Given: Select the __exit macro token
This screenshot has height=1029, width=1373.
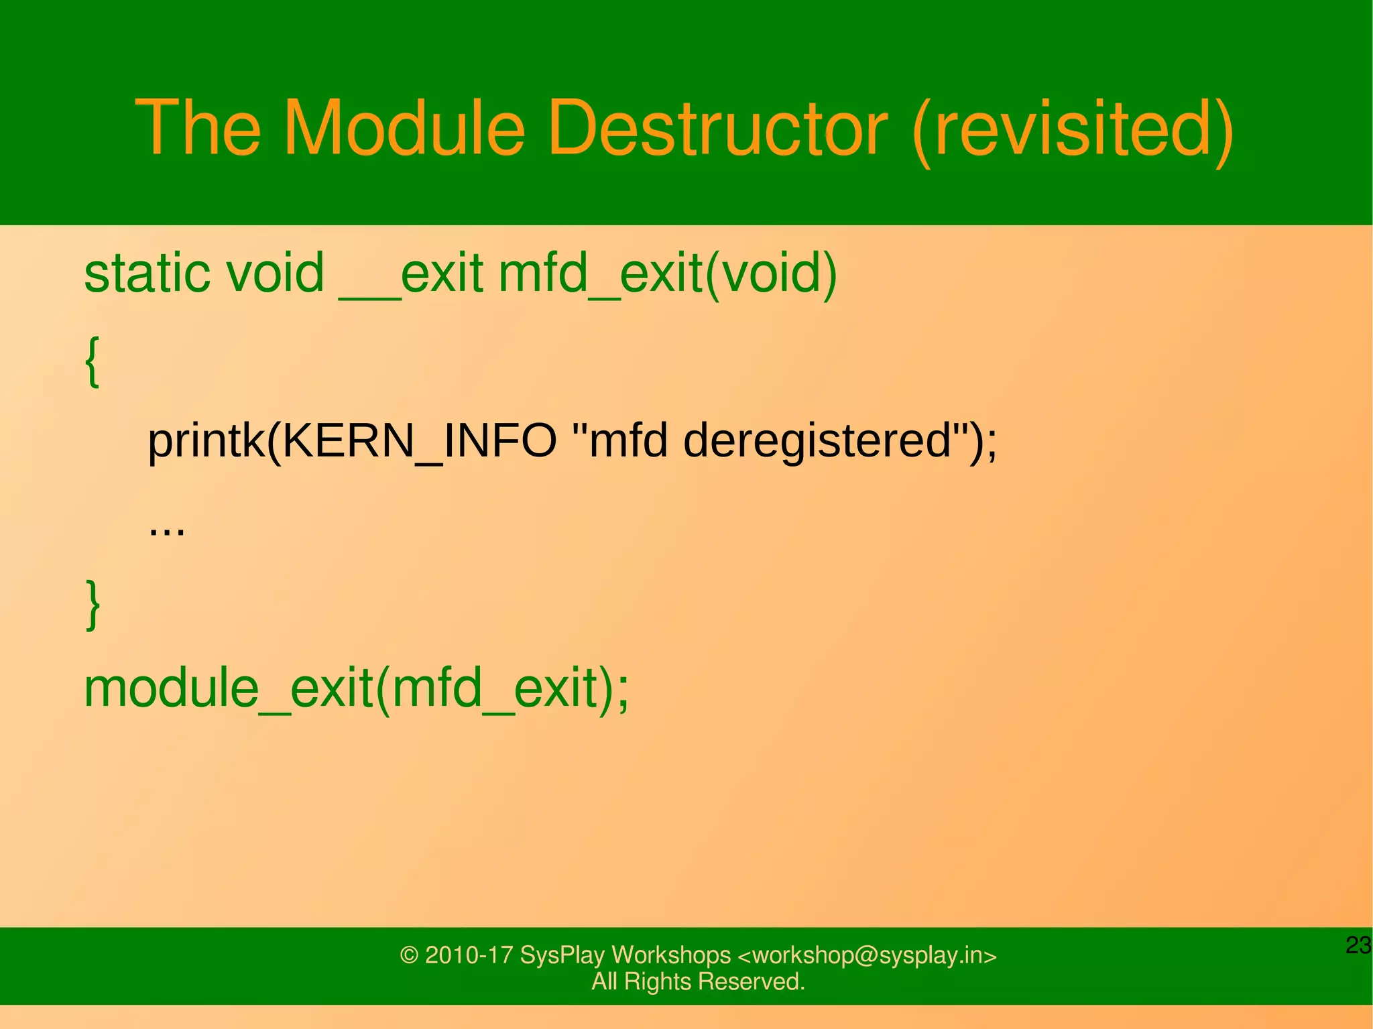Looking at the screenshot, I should (411, 275).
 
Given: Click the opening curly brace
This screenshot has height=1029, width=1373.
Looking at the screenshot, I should (93, 362).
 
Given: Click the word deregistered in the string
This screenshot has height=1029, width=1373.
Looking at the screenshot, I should (818, 442).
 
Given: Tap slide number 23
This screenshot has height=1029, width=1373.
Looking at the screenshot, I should (1358, 945).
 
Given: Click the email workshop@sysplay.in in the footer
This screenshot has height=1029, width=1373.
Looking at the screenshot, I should (868, 955).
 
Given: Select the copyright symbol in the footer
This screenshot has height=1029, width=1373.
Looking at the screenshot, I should (408, 955).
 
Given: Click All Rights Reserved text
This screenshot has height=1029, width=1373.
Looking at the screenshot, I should (698, 981).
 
